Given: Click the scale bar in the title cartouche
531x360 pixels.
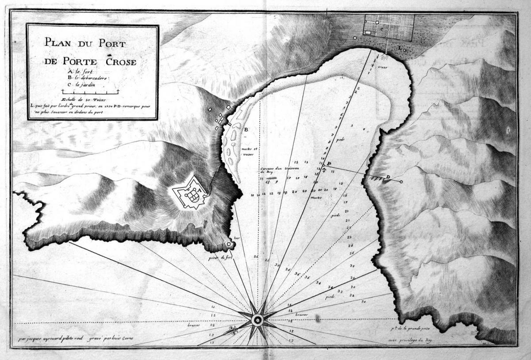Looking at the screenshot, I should coord(91,92).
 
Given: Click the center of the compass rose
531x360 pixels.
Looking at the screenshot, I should coord(258,319).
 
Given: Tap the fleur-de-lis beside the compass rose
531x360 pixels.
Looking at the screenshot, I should coord(234,330).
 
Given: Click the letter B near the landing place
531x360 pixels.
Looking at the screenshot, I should coord(246,129).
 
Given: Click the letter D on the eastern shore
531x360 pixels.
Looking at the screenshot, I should coord(388,177).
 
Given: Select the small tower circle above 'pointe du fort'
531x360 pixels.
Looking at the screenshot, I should coord(229,244).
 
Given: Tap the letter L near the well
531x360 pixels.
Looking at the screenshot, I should coord(400,46).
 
